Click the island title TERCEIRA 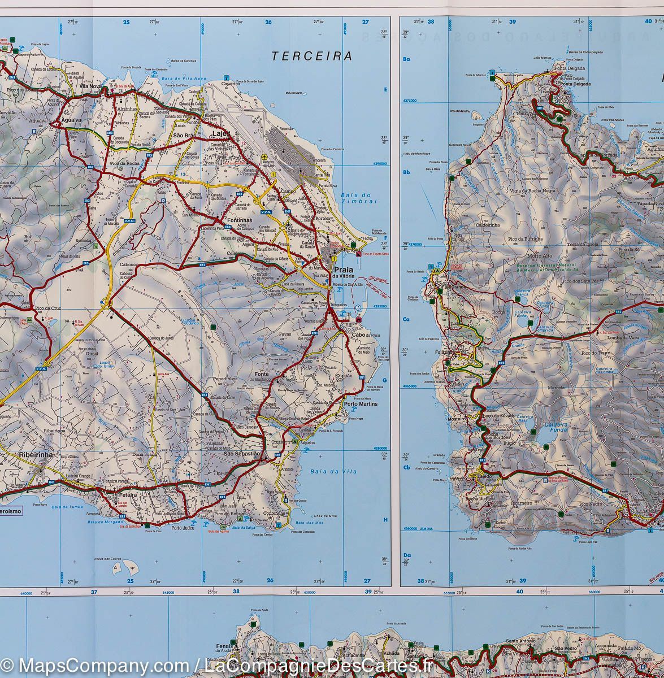[x=311, y=56]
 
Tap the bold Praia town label [x=344, y=270]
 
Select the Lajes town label [x=220, y=134]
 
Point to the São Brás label [x=184, y=136]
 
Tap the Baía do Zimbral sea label [x=358, y=198]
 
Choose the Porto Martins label [x=360, y=403]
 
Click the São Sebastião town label [x=242, y=454]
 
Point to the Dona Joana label [x=144, y=454]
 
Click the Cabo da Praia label [x=366, y=335]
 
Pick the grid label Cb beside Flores [x=406, y=467]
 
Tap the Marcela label [x=555, y=388]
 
